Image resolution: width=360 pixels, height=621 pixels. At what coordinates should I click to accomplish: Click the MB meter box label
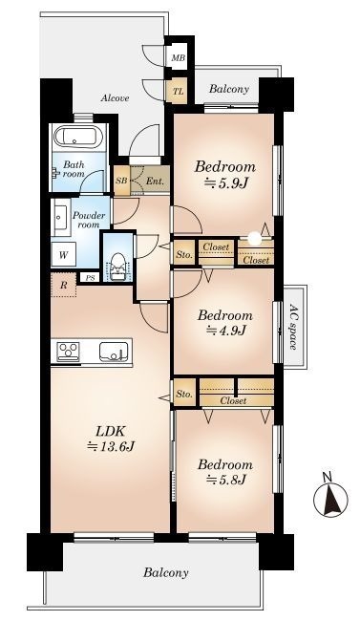click(178, 58)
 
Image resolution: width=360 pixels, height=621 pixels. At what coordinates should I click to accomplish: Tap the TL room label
click(178, 92)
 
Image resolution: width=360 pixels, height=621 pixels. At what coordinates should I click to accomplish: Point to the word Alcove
click(115, 97)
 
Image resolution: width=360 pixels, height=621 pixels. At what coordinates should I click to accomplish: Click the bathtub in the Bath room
click(75, 137)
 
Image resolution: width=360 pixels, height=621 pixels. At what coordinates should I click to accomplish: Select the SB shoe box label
click(120, 181)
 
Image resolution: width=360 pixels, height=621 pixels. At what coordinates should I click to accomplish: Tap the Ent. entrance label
click(154, 182)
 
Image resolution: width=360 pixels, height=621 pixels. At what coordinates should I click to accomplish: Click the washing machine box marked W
click(63, 254)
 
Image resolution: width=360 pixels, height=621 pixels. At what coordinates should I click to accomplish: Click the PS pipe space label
click(91, 278)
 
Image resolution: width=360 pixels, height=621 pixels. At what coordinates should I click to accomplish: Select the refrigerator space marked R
click(63, 285)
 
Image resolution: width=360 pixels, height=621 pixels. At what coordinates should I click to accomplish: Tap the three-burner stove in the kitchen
click(68, 353)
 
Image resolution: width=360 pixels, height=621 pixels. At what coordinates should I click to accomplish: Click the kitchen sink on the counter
click(114, 352)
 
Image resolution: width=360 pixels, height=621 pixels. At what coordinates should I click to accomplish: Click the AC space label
click(293, 327)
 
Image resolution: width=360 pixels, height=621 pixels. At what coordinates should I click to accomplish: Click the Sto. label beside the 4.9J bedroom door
click(184, 255)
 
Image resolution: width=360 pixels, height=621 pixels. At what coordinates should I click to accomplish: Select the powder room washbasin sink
click(60, 217)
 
